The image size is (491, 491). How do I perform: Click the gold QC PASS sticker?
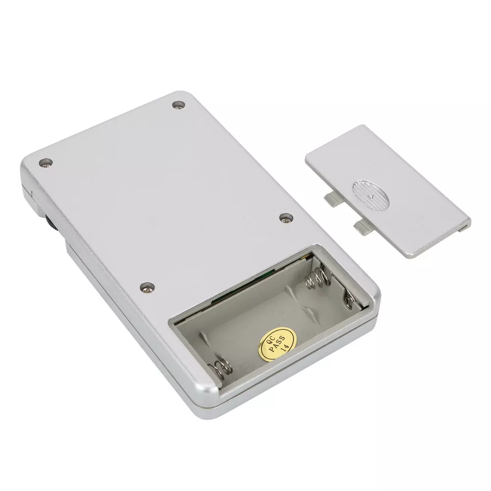277,344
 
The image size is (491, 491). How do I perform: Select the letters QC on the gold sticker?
270,339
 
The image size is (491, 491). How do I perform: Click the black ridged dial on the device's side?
51,223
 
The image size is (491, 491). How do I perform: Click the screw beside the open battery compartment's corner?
147,287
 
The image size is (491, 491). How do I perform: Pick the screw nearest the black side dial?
45,163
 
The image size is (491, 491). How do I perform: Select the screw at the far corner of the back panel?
179,105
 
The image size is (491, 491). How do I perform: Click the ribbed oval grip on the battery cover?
371,194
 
